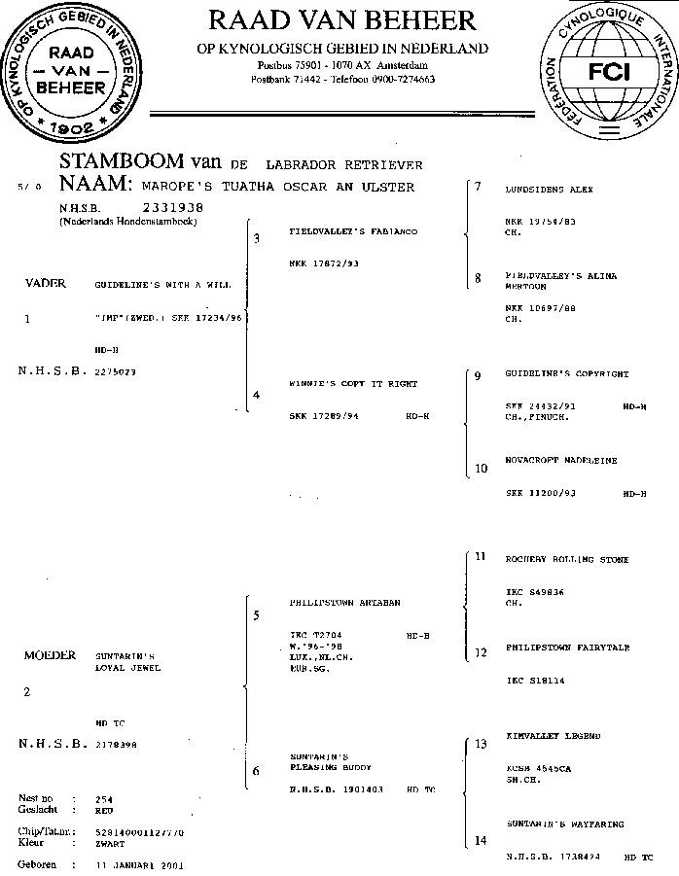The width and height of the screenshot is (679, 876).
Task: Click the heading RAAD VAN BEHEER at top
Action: click(341, 20)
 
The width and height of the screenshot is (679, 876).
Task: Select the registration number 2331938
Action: click(172, 207)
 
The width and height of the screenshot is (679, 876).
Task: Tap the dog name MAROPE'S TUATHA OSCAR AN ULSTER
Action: click(277, 187)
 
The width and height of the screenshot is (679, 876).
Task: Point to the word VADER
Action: click(45, 283)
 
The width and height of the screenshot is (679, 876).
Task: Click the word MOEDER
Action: click(50, 655)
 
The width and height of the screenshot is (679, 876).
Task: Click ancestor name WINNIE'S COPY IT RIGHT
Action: click(353, 384)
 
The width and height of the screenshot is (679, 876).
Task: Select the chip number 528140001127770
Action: click(140, 832)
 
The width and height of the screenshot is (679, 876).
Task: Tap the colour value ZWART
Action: click(109, 843)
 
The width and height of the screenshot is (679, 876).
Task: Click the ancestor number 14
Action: click(480, 841)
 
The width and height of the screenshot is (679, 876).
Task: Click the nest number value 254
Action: click(104, 799)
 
